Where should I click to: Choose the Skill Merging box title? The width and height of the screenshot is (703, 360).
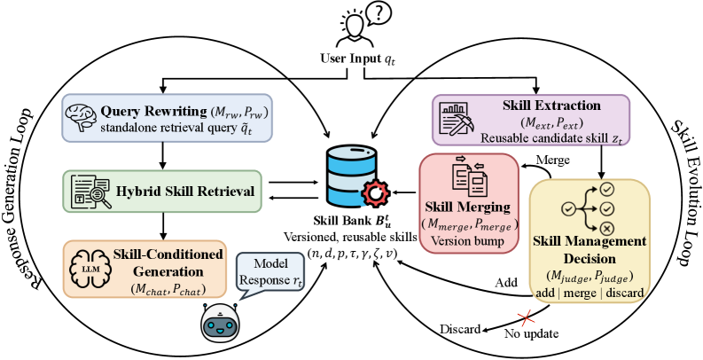tap(468, 207)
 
